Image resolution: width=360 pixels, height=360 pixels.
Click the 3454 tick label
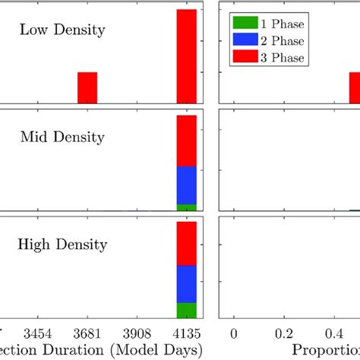pyautogui.click(x=39, y=333)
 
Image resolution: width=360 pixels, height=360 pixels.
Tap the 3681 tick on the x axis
pyautogui.click(x=88, y=333)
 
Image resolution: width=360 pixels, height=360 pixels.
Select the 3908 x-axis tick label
pyautogui.click(x=137, y=333)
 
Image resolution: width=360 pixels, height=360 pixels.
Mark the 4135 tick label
pyautogui.click(x=186, y=333)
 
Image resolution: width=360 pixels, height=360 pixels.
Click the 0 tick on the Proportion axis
pyautogui.click(x=234, y=333)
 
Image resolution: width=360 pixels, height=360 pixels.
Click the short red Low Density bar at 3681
pyautogui.click(x=87, y=87)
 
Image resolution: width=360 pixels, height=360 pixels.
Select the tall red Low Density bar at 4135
pyautogui.click(x=187, y=56)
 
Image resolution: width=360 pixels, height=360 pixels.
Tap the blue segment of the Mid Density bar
pyautogui.click(x=187, y=185)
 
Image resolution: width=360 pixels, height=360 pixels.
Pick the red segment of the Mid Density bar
pyautogui.click(x=187, y=141)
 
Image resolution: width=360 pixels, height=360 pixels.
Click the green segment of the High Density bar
pyautogui.click(x=187, y=310)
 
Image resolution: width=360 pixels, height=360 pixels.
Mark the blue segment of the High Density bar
pyautogui.click(x=187, y=283)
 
